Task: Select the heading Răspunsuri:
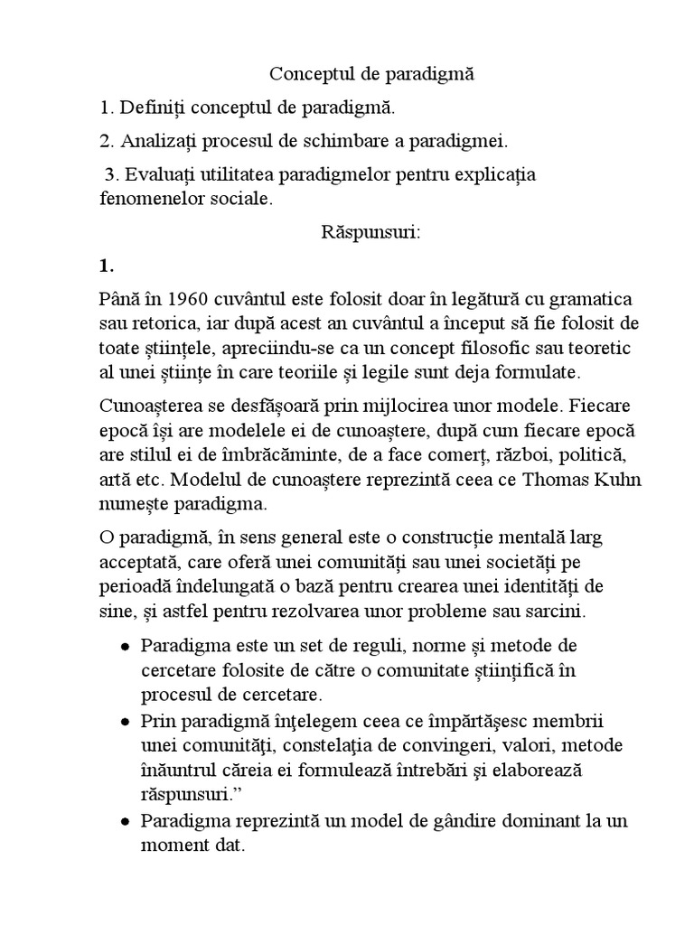[x=371, y=232]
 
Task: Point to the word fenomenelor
[x=147, y=199]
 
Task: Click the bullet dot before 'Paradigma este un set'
[x=125, y=649]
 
